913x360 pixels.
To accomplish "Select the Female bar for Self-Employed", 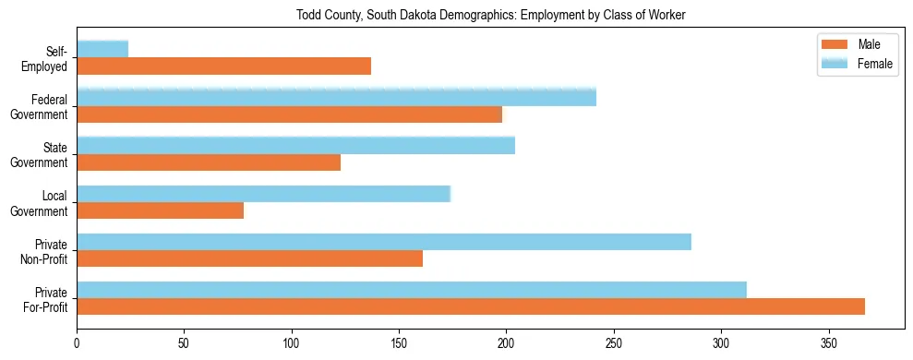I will [102, 49].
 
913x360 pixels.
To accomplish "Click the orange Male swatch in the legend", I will [835, 45].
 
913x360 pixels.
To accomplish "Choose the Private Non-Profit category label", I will [46, 251].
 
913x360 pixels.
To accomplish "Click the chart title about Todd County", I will [491, 16].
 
